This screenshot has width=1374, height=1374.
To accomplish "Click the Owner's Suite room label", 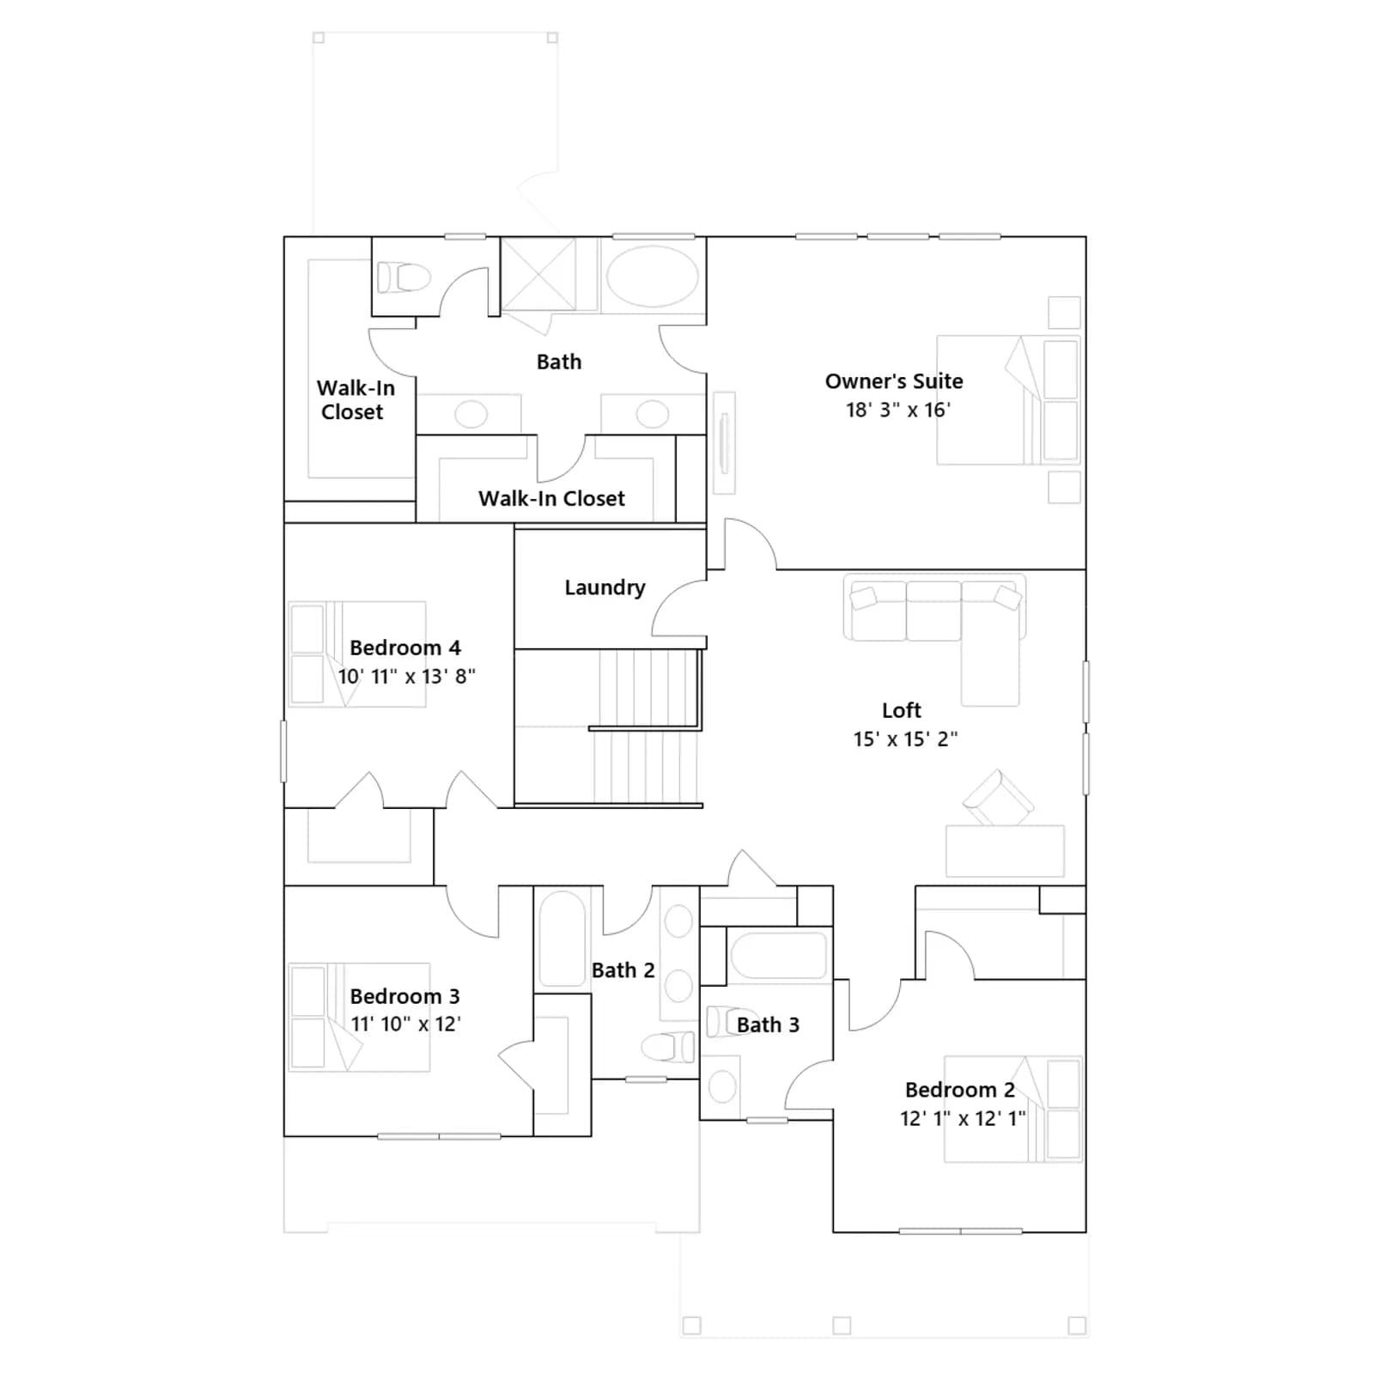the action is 894,381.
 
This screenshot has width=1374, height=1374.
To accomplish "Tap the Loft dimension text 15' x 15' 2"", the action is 905,739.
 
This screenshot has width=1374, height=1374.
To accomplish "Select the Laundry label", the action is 605,587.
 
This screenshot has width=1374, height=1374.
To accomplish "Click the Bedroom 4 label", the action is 405,647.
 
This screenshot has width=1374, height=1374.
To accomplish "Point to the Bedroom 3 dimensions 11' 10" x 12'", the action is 405,1024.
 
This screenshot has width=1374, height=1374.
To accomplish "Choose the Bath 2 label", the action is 623,970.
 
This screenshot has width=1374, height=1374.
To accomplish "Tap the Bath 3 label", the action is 768,1024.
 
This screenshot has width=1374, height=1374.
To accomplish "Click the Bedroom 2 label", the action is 960,1090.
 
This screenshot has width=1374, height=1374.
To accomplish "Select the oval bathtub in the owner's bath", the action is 653,277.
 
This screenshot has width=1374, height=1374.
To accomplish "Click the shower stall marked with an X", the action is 538,275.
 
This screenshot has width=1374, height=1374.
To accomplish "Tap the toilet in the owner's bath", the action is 403,277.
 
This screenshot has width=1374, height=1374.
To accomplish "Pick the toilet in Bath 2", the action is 668,1047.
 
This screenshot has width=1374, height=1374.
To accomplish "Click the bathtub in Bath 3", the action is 778,955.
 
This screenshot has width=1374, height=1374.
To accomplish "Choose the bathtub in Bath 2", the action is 562,939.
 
